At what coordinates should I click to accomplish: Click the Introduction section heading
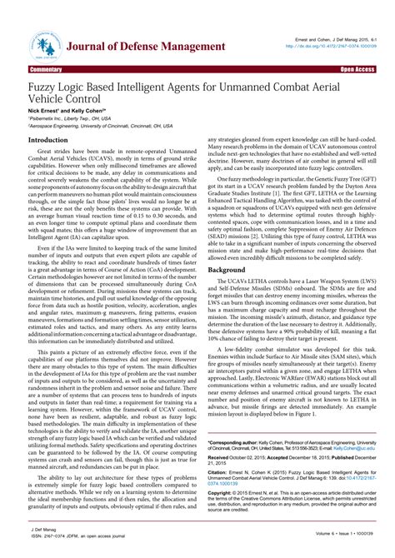49,141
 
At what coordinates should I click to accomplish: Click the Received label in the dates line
222,458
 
